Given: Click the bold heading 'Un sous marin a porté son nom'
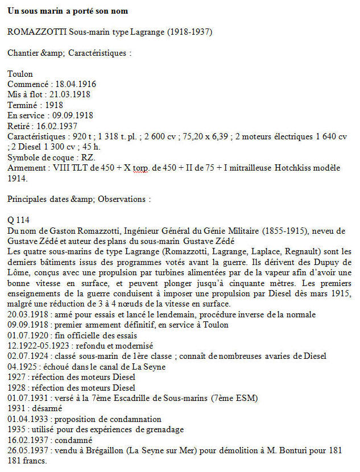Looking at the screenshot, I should point(68,11).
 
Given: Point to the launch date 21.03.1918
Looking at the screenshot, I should point(70,94).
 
